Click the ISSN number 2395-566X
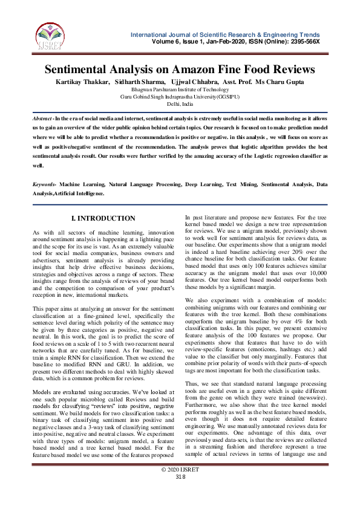point(303,41)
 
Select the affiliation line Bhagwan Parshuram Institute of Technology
point(180,89)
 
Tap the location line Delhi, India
point(180,104)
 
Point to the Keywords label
point(45,183)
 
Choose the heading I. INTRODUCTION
point(103,218)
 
